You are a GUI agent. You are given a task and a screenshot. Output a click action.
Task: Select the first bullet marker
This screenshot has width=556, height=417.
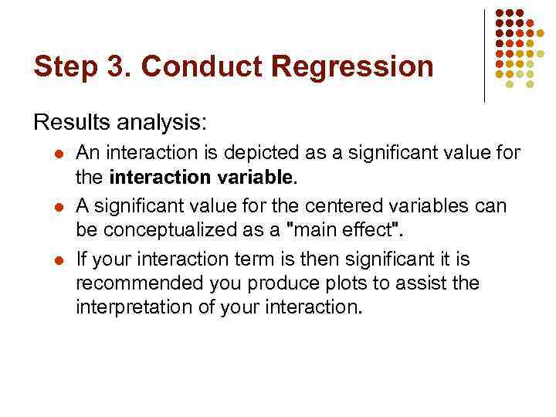click(x=58, y=154)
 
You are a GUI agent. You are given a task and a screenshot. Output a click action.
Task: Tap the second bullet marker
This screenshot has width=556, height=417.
click(x=58, y=207)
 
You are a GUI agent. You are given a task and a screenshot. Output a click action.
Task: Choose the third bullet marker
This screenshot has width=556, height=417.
click(x=58, y=259)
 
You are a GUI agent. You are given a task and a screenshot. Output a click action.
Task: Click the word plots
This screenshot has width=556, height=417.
click(x=324, y=284)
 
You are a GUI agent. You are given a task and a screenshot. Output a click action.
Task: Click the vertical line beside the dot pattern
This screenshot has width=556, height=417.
click(x=484, y=56)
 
